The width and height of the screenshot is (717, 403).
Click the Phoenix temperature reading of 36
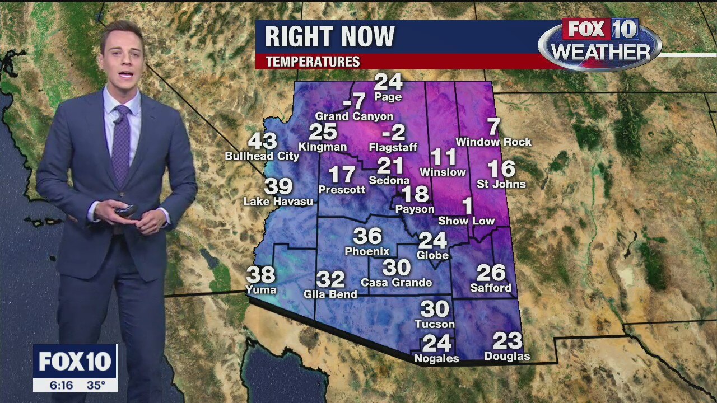point(367,236)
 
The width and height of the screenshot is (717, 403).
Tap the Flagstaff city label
point(394,148)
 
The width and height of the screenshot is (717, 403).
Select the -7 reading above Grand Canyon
point(354,102)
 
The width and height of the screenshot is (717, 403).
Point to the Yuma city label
point(261,289)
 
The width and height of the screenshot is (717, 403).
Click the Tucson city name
point(435,324)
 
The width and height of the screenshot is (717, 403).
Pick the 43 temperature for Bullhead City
point(262,141)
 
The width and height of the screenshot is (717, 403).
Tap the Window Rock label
point(493,142)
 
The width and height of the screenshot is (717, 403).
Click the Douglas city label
point(507,356)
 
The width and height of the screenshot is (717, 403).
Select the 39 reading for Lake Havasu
point(278,186)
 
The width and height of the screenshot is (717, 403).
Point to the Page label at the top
point(388,97)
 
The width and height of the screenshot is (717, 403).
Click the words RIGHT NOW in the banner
point(329,37)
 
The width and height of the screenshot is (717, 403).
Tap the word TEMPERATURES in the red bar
point(313,62)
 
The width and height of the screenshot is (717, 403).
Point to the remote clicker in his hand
point(126,210)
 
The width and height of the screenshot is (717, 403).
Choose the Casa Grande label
point(396,283)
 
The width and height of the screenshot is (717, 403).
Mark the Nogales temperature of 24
point(436,343)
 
